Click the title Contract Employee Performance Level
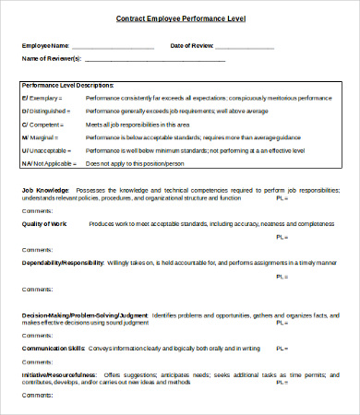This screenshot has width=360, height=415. [180, 18]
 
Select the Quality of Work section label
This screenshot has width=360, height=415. [47, 224]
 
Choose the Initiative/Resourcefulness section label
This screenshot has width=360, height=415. [59, 376]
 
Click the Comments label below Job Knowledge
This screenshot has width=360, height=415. [36, 210]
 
